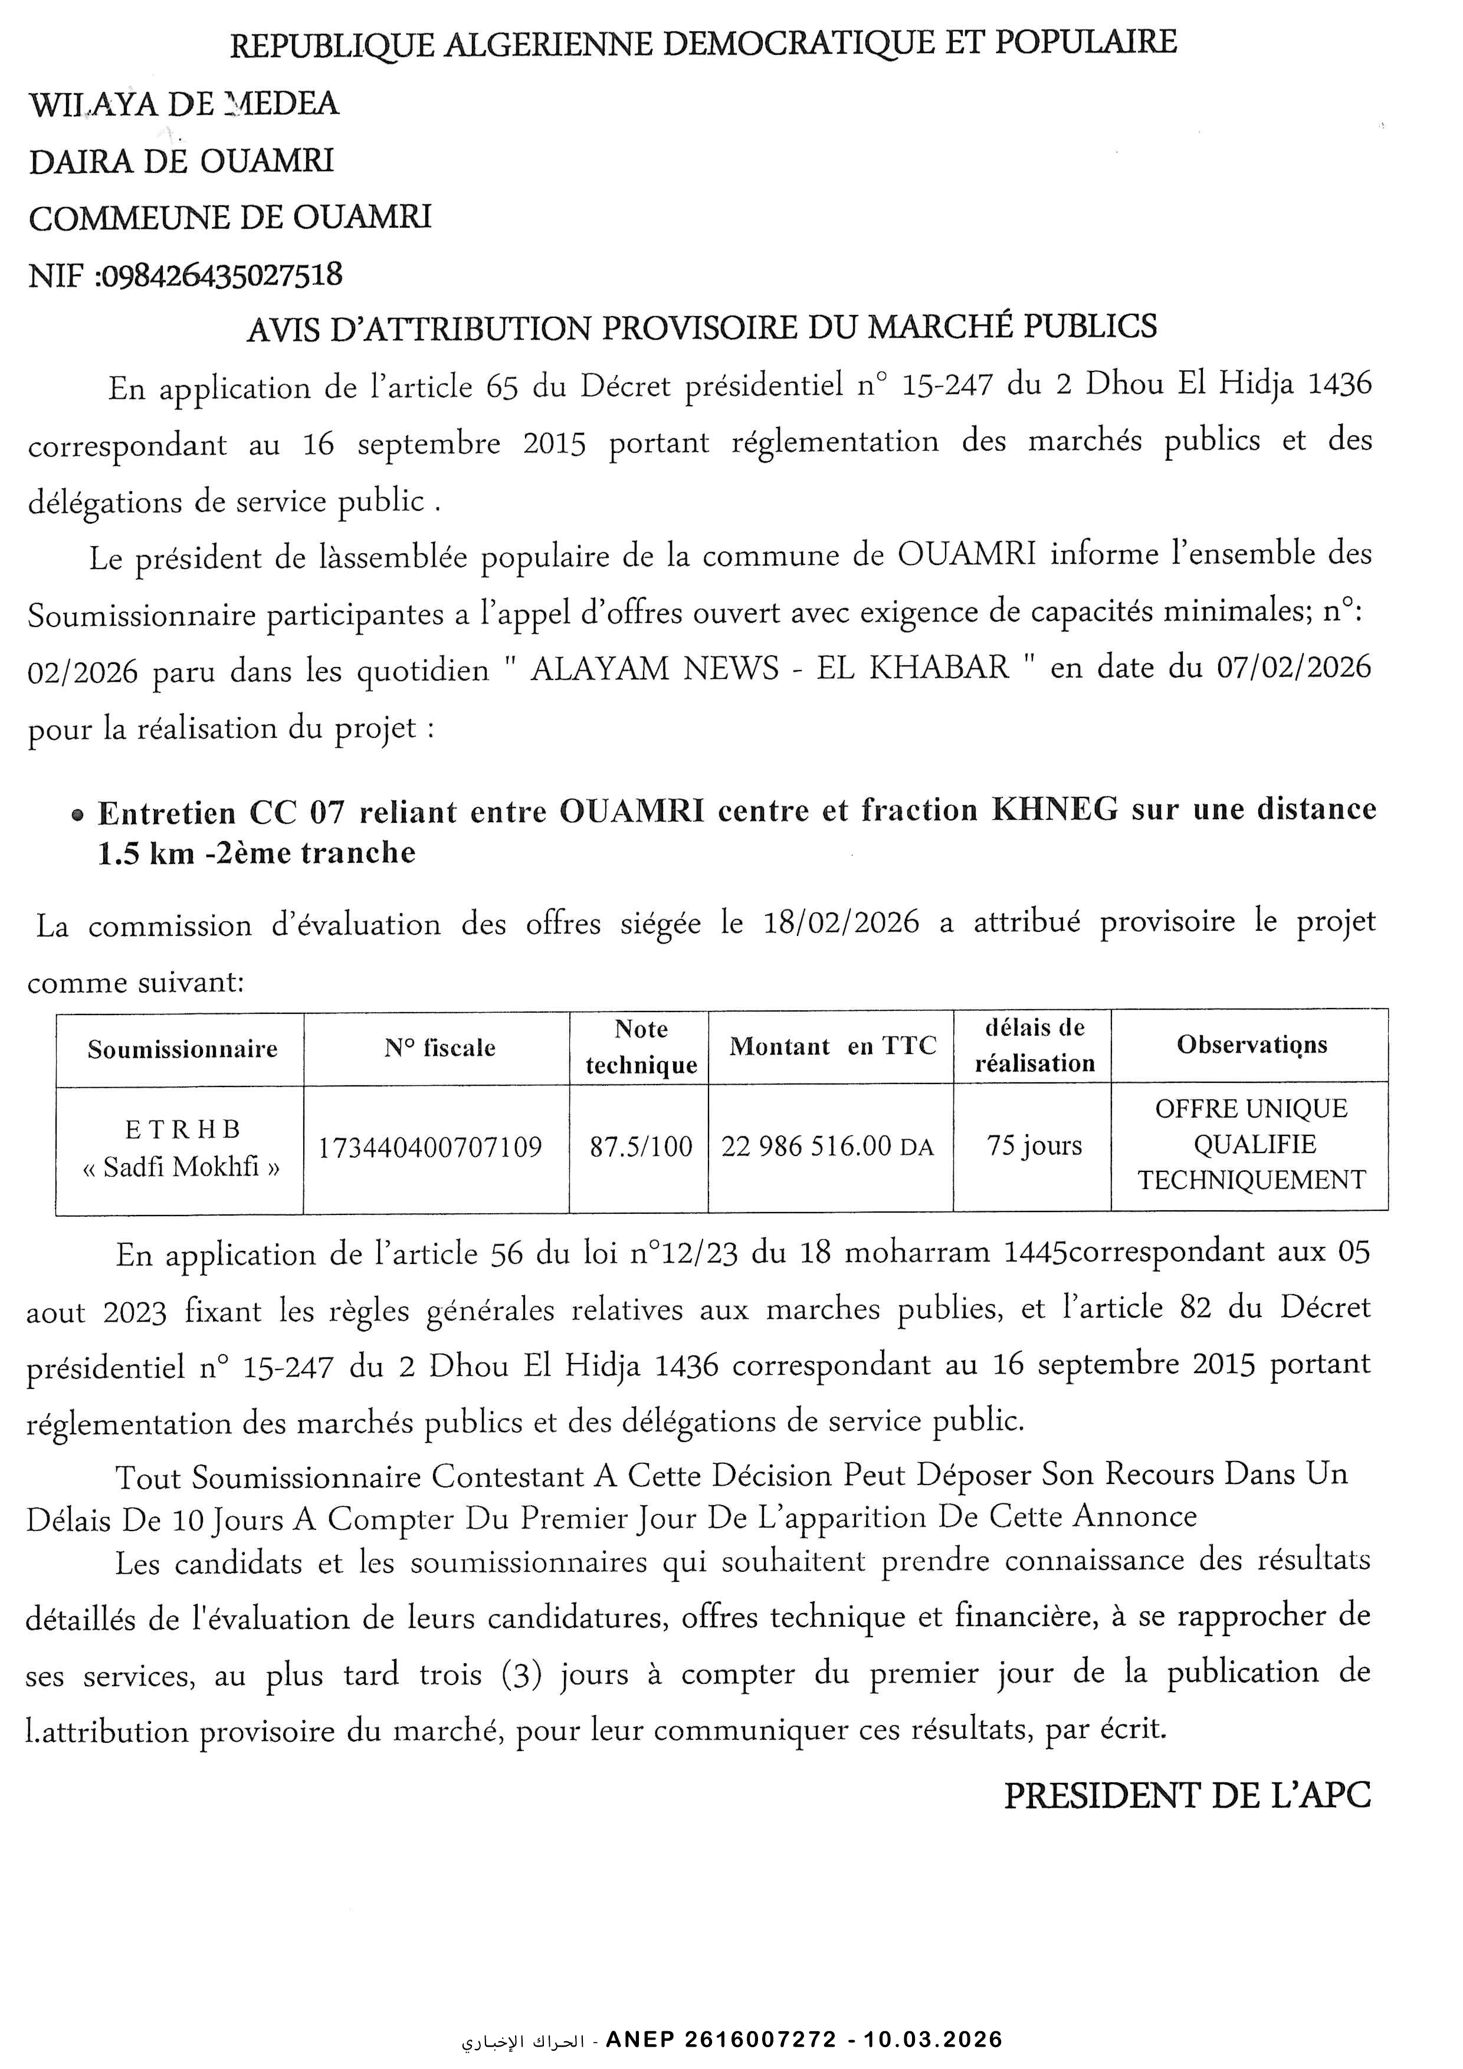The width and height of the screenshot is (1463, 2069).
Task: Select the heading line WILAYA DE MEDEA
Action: tap(184, 104)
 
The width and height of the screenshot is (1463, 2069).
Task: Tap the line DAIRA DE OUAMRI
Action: tap(181, 161)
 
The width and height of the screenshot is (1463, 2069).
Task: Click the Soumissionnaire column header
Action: tap(182, 1049)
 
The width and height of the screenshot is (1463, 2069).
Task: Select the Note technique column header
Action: tap(641, 1047)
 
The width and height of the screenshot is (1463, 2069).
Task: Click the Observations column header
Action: tap(1251, 1045)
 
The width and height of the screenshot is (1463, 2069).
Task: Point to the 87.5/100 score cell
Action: tap(641, 1147)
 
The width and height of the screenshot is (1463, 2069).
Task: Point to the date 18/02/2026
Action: tap(841, 923)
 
